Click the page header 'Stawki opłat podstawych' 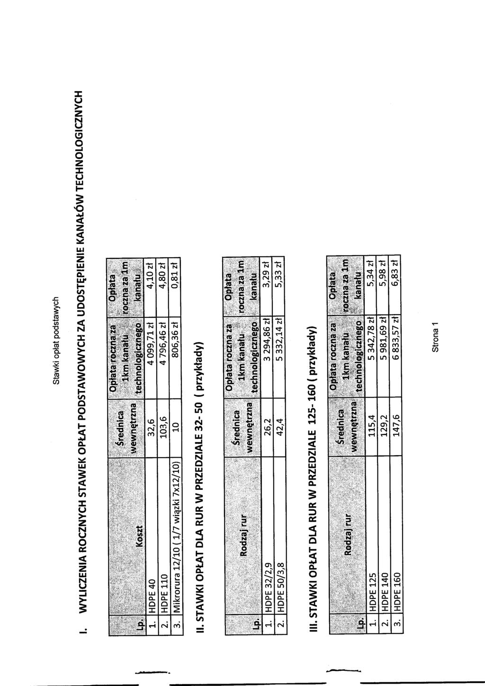click(x=56, y=341)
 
